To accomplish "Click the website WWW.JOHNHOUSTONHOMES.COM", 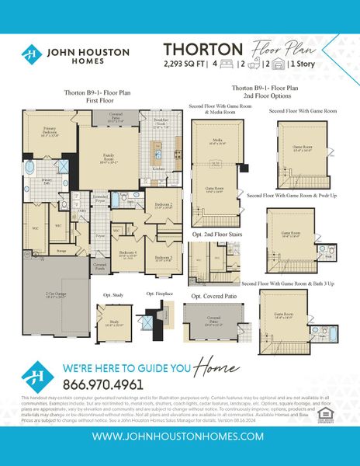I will click(x=179, y=436).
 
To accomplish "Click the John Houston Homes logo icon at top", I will click(x=31, y=54).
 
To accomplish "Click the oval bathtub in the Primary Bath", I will click(x=29, y=167).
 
